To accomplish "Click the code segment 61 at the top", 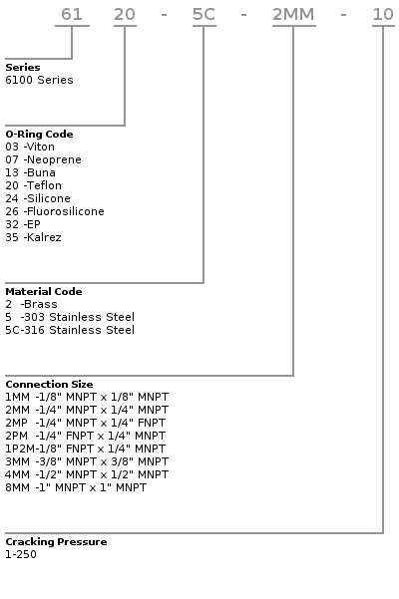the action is (x=72, y=15).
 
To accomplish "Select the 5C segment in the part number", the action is (x=204, y=15).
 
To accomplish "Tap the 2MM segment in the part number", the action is (x=293, y=15).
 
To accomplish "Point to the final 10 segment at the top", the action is (x=383, y=15).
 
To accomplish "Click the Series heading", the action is (x=23, y=67).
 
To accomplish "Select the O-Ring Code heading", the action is (x=39, y=135).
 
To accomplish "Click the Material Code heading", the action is (x=44, y=291).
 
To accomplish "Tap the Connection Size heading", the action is (x=49, y=384).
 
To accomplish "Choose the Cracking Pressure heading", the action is (x=56, y=542).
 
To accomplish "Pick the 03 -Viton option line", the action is (x=30, y=147).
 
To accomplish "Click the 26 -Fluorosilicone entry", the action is (x=55, y=211).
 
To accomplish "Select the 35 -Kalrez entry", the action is (x=33, y=237).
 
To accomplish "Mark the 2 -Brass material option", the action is (x=31, y=304).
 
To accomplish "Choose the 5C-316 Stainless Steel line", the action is (x=70, y=330).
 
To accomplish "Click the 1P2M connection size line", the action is (x=85, y=449).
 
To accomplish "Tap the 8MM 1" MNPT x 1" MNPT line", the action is (x=76, y=487).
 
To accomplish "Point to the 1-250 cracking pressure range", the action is (x=21, y=554).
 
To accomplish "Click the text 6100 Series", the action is (x=39, y=80).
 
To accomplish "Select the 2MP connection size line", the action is (x=85, y=423).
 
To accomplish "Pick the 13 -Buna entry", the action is (x=30, y=172).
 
